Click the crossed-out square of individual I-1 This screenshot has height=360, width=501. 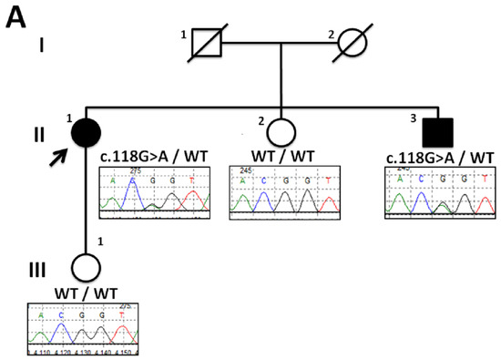[x=206, y=44]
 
